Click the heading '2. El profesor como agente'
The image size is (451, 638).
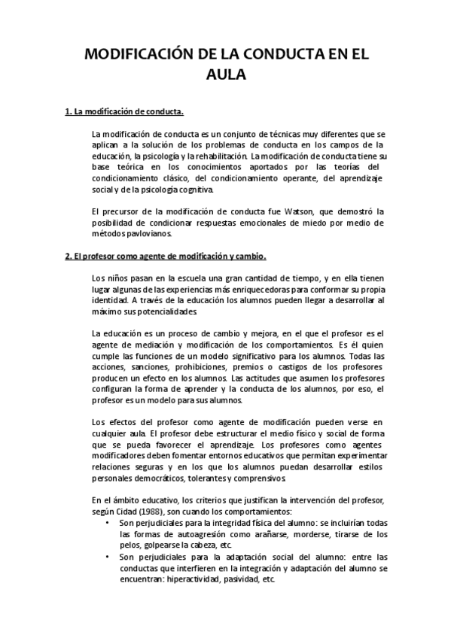[166, 255]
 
